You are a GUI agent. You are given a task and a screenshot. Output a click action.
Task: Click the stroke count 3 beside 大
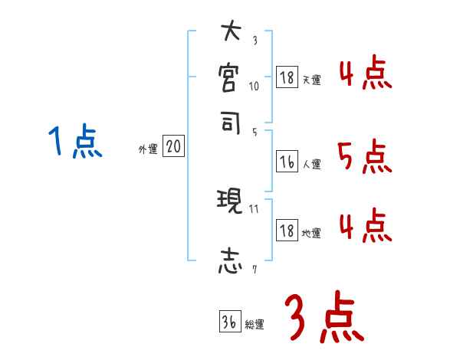[254, 41]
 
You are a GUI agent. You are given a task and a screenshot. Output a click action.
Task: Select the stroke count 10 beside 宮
[255, 86]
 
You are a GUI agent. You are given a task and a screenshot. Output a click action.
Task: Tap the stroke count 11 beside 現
[255, 208]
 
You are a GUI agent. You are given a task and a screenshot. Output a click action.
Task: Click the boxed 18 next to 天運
[286, 77]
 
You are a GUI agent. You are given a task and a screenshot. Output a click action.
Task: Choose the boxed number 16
[286, 162]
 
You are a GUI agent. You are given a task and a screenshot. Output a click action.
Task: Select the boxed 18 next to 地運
[286, 231]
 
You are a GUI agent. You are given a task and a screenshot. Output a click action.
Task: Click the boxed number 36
[228, 322]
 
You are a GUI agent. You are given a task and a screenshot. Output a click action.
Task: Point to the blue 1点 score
[75, 142]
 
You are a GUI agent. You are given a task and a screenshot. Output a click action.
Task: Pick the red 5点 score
[364, 159]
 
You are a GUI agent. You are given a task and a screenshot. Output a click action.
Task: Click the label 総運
[255, 325]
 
